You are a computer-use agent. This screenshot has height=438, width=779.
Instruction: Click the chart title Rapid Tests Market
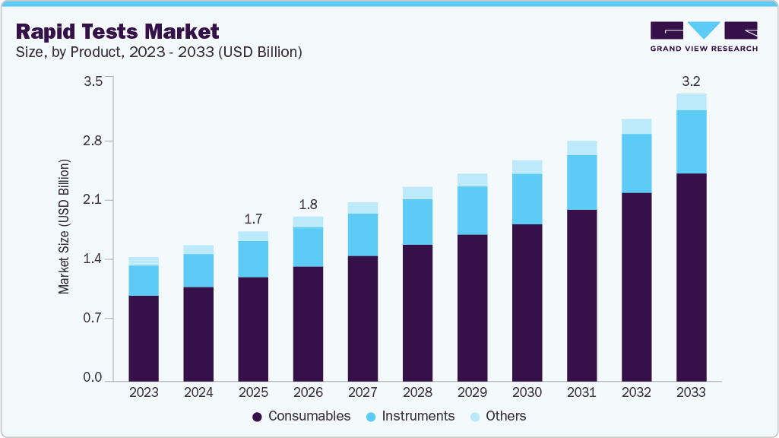point(118,31)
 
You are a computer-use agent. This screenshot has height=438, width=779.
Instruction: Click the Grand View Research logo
point(704,36)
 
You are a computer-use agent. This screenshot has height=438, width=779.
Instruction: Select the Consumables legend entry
point(302,416)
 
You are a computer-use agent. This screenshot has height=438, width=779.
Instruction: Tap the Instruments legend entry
point(410,416)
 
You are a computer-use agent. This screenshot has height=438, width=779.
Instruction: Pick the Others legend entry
point(499,416)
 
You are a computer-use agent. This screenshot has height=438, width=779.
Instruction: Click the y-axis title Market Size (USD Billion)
point(65,227)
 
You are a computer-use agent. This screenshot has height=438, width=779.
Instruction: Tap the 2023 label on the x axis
point(144,393)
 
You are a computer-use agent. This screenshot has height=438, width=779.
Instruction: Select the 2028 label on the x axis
point(417,393)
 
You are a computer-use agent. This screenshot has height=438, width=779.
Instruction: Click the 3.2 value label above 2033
point(691,80)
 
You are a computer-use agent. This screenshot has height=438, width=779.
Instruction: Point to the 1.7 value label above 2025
point(253,219)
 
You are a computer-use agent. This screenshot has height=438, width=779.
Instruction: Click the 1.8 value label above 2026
point(308,204)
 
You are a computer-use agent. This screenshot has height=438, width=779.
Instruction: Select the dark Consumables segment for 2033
point(691,277)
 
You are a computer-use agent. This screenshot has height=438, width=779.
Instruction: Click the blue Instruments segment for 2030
point(527,199)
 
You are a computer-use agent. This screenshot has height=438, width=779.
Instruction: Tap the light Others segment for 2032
point(636,126)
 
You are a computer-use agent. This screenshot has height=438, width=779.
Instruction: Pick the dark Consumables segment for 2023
point(144,338)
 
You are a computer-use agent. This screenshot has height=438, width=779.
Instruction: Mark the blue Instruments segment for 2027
point(363,234)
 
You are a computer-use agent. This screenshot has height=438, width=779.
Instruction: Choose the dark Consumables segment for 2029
point(472,307)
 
